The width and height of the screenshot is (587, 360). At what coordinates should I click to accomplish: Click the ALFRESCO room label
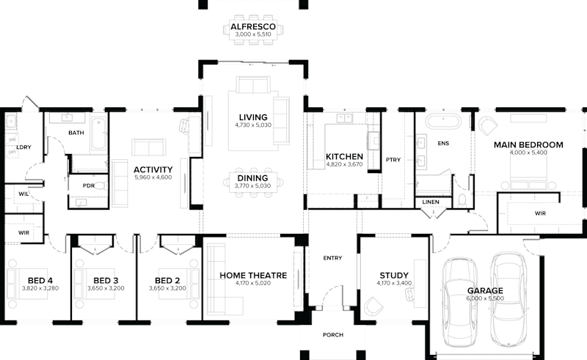click(x=252, y=26)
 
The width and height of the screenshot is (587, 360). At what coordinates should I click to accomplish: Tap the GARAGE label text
click(x=485, y=291)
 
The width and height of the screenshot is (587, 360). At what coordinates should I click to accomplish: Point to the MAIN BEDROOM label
click(x=528, y=145)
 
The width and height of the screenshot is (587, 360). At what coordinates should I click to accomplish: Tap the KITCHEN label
click(x=344, y=157)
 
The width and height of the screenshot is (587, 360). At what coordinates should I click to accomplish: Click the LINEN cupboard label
click(x=430, y=202)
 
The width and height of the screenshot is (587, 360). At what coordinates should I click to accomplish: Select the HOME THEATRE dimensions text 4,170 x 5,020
click(x=252, y=284)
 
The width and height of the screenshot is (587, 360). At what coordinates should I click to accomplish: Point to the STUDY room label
click(x=394, y=275)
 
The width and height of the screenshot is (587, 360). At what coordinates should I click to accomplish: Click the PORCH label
click(x=332, y=335)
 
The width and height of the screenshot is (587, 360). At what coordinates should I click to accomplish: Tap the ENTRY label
click(x=332, y=258)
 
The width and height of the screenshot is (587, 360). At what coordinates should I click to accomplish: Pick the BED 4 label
click(x=40, y=280)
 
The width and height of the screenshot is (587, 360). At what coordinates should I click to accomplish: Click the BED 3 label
click(x=106, y=280)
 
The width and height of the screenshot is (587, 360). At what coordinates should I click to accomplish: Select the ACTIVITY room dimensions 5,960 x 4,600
click(x=153, y=177)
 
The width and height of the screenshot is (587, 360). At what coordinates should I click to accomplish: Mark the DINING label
click(x=252, y=178)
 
